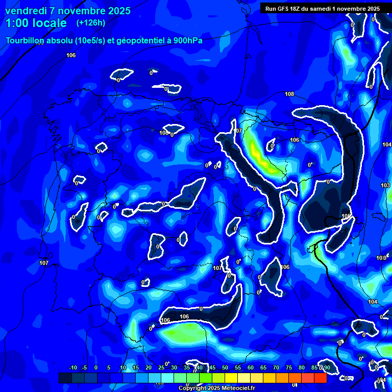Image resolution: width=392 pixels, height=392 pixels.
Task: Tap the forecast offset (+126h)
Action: tap(91, 23)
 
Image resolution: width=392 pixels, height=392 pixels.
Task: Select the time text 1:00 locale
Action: tap(36, 23)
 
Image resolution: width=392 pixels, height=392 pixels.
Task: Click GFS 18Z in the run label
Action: tap(287, 8)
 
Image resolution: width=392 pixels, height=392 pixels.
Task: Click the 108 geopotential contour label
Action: tap(289, 94)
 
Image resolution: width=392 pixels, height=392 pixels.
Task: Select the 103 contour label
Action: tap(385, 185)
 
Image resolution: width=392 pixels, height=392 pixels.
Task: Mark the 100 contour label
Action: tap(381, 258)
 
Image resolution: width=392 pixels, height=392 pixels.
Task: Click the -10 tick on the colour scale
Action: tap(72, 367)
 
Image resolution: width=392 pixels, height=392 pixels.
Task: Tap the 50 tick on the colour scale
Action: tap(225, 367)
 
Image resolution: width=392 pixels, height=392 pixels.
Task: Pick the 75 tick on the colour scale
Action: tap(289, 367)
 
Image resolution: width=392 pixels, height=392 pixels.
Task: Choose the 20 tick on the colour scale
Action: tap(149, 367)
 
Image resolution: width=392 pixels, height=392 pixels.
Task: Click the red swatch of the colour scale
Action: tap(320, 378)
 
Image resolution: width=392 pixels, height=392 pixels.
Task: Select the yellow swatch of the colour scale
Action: tap(231, 378)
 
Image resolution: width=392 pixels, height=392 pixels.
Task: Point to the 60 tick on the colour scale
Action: tap(251, 367)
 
